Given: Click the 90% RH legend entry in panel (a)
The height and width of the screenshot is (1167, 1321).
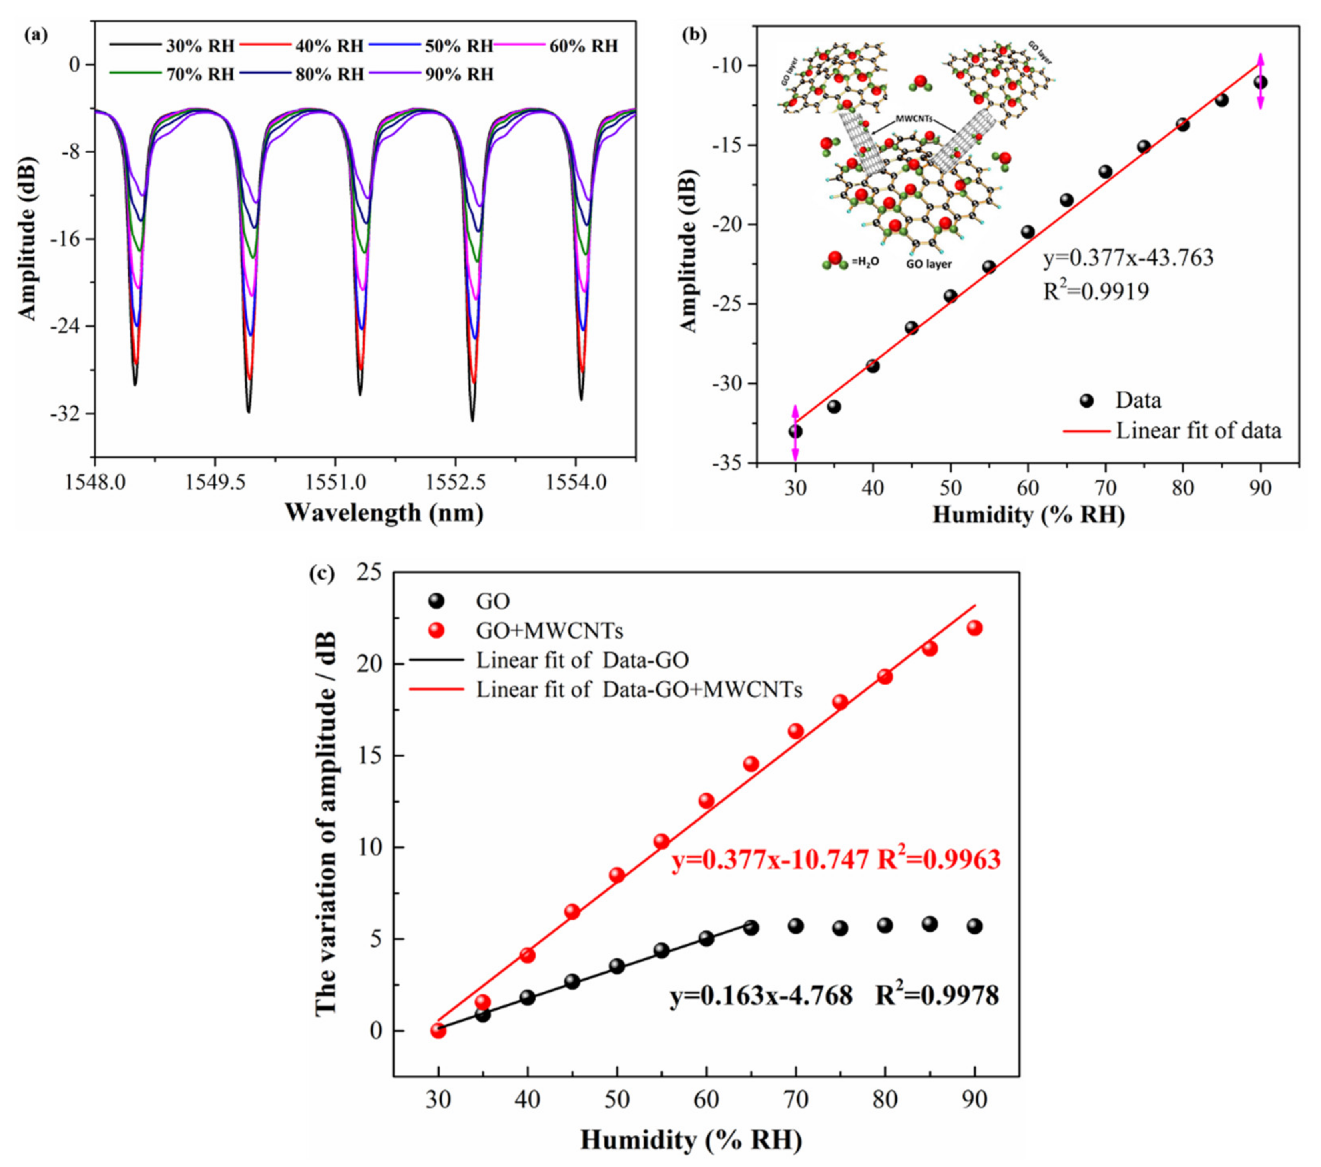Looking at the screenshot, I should [x=459, y=74].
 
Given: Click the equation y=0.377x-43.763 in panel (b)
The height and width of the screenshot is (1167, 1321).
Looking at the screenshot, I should [x=1128, y=258].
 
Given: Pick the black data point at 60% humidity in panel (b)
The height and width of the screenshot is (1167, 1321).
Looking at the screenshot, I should [x=1028, y=232].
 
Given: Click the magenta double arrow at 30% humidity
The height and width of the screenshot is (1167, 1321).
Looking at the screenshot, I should [x=795, y=433].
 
